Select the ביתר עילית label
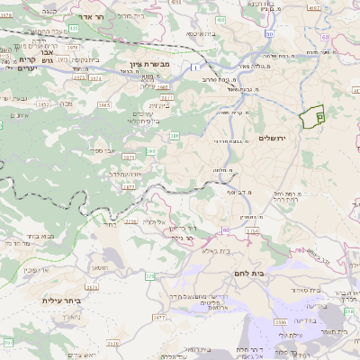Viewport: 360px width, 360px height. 60,301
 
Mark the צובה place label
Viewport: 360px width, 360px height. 64,103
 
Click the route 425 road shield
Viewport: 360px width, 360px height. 72,29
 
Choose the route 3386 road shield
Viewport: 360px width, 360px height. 281,320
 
